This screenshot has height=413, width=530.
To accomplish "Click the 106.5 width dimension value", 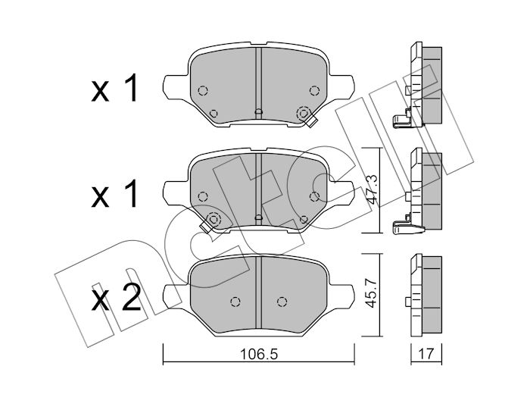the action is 259,355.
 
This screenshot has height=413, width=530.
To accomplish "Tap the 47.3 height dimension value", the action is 373,189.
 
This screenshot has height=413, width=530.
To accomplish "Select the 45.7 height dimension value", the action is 373,293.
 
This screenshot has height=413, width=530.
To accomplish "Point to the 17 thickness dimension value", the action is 426,354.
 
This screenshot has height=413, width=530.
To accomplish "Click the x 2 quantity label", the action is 116,298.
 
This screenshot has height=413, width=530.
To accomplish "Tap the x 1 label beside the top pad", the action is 114,88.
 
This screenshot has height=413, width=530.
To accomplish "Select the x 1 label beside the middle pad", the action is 114,193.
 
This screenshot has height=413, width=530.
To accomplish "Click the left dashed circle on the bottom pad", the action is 235,302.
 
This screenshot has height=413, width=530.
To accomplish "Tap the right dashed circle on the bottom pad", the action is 282,302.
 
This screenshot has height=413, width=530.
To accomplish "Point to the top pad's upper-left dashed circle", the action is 202,91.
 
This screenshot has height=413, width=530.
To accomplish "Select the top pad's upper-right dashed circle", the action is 315,91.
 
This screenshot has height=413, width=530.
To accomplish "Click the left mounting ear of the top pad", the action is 176,87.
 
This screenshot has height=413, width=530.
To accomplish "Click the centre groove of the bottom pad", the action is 259,293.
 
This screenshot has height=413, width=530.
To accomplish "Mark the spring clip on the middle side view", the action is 407,227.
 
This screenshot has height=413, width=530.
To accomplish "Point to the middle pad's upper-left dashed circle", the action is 202,196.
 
